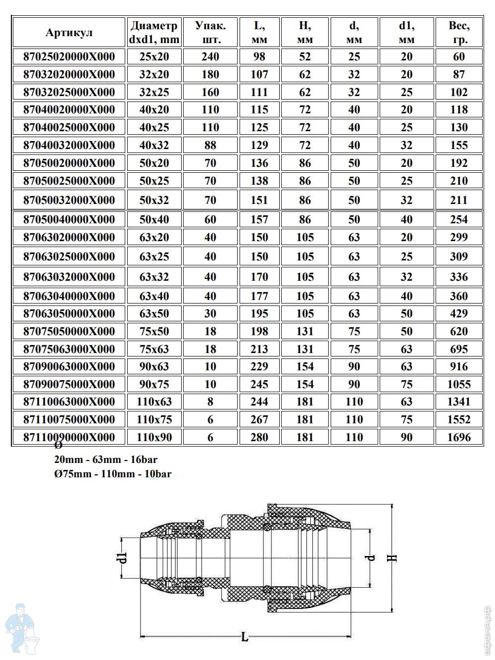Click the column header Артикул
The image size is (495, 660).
point(69,33)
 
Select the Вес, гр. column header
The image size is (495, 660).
point(459,33)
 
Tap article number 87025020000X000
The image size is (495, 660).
point(69,56)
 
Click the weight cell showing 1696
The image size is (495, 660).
point(459,437)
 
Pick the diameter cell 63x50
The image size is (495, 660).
point(154,313)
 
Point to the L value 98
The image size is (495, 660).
point(259,56)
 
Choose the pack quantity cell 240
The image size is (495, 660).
point(210,56)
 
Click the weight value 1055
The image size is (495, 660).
point(459,384)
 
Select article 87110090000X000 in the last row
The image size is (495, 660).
point(69,437)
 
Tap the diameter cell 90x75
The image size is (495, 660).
point(154,384)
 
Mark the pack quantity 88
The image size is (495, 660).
point(210,145)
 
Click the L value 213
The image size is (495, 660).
point(259,349)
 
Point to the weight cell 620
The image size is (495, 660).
point(459,331)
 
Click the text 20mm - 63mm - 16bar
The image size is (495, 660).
point(106,459)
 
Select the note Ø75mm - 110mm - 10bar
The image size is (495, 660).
point(113,474)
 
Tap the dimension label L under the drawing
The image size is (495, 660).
point(245,637)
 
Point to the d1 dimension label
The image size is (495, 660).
point(124,558)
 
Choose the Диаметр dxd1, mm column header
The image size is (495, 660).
point(154,33)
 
